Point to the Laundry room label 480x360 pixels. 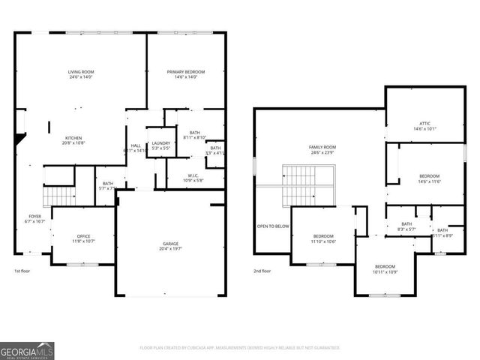click(161, 145)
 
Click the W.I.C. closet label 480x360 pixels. click(193, 178)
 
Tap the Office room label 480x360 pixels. click(83, 238)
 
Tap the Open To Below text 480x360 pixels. click(273, 226)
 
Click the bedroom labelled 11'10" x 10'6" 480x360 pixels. click(323, 238)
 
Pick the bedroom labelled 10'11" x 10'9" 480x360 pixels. click(385, 268)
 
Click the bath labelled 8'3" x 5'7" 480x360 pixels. click(406, 226)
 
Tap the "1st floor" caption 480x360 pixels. click(22, 271)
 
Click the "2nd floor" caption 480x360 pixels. click(262, 271)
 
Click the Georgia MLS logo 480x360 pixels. click(27, 350)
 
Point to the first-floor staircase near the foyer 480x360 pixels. click(58, 196)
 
